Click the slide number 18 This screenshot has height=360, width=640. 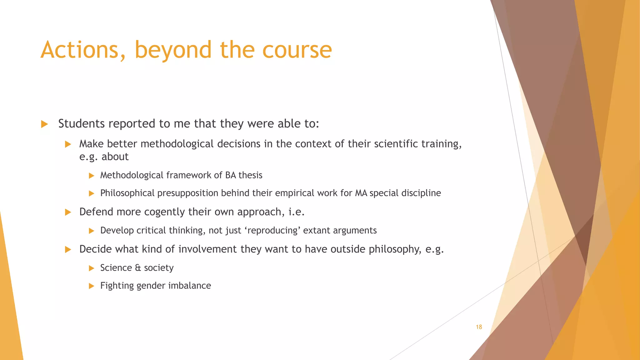click(479, 327)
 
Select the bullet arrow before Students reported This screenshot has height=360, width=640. click(44, 124)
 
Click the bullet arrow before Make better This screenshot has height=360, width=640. click(68, 144)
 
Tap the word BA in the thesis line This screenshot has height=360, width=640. click(230, 175)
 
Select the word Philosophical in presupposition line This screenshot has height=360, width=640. click(127, 193)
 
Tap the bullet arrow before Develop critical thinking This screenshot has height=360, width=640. click(91, 231)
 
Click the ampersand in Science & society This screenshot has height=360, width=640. click(138, 268)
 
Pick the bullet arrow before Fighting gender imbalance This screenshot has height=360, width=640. click(91, 286)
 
